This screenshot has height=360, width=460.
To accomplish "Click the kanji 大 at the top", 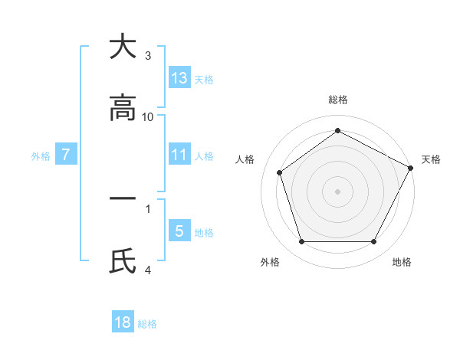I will pyautogui.click(x=123, y=47).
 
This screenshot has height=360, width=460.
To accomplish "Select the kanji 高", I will pyautogui.click(x=123, y=109).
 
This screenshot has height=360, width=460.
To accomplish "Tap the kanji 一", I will pyautogui.click(x=123, y=198).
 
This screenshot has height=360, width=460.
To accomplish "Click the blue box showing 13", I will pyautogui.click(x=179, y=78).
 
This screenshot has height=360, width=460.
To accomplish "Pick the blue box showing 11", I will pyautogui.click(x=179, y=155).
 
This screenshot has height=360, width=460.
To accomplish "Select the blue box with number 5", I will pyautogui.click(x=179, y=231).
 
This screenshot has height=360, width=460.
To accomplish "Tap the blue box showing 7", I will pyautogui.click(x=66, y=155).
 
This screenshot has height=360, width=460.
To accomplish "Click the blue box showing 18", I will pyautogui.click(x=123, y=322).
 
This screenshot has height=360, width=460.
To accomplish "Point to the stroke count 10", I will pyautogui.click(x=148, y=117).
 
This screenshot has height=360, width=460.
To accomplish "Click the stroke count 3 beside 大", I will pyautogui.click(x=148, y=56).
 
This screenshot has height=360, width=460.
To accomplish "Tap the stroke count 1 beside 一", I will pyautogui.click(x=148, y=208).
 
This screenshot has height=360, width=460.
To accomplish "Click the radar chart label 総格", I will pyautogui.click(x=338, y=100).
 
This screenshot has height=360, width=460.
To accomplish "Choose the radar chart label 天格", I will pyautogui.click(x=431, y=159).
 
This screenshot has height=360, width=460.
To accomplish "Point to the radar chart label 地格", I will pyautogui.click(x=402, y=262).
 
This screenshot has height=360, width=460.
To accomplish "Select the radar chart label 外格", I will pyautogui.click(x=270, y=262).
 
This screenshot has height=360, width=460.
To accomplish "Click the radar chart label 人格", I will pyautogui.click(x=245, y=159).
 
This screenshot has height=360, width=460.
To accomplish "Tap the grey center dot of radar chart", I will pyautogui.click(x=338, y=191).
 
